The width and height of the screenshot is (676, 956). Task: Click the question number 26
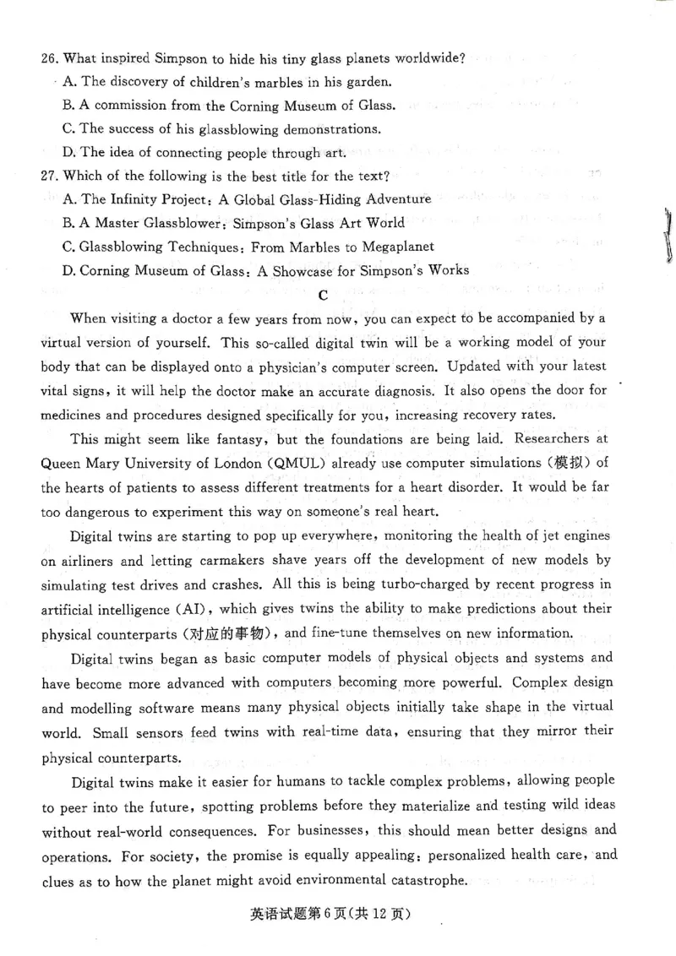(48, 58)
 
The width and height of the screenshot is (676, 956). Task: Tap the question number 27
(48, 177)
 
